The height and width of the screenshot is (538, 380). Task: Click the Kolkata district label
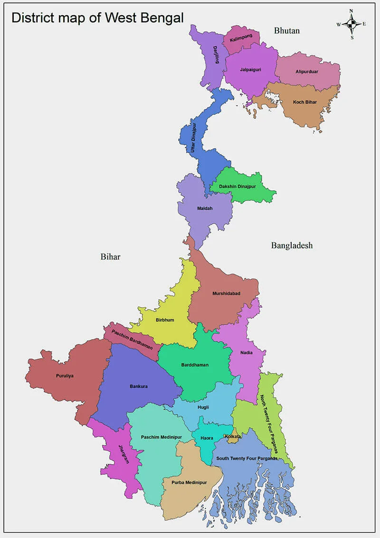233,436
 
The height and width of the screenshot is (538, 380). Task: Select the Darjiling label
216,55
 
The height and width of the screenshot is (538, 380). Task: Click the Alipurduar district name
307,71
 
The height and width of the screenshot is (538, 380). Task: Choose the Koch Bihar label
304,102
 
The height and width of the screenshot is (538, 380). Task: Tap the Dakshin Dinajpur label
237,186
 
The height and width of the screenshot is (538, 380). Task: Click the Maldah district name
205,208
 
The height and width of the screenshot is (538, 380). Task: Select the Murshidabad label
226,293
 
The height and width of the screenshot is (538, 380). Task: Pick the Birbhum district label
165,320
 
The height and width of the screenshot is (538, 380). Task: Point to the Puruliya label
63,375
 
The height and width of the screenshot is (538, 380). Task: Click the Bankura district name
139,386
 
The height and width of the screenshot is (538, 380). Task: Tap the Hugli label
203,407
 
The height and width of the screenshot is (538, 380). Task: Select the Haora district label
207,438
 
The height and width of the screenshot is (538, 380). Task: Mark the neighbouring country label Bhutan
287,30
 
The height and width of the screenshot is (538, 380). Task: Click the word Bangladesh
292,245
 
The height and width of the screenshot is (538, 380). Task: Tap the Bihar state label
110,256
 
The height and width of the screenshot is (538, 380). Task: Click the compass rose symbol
351,24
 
